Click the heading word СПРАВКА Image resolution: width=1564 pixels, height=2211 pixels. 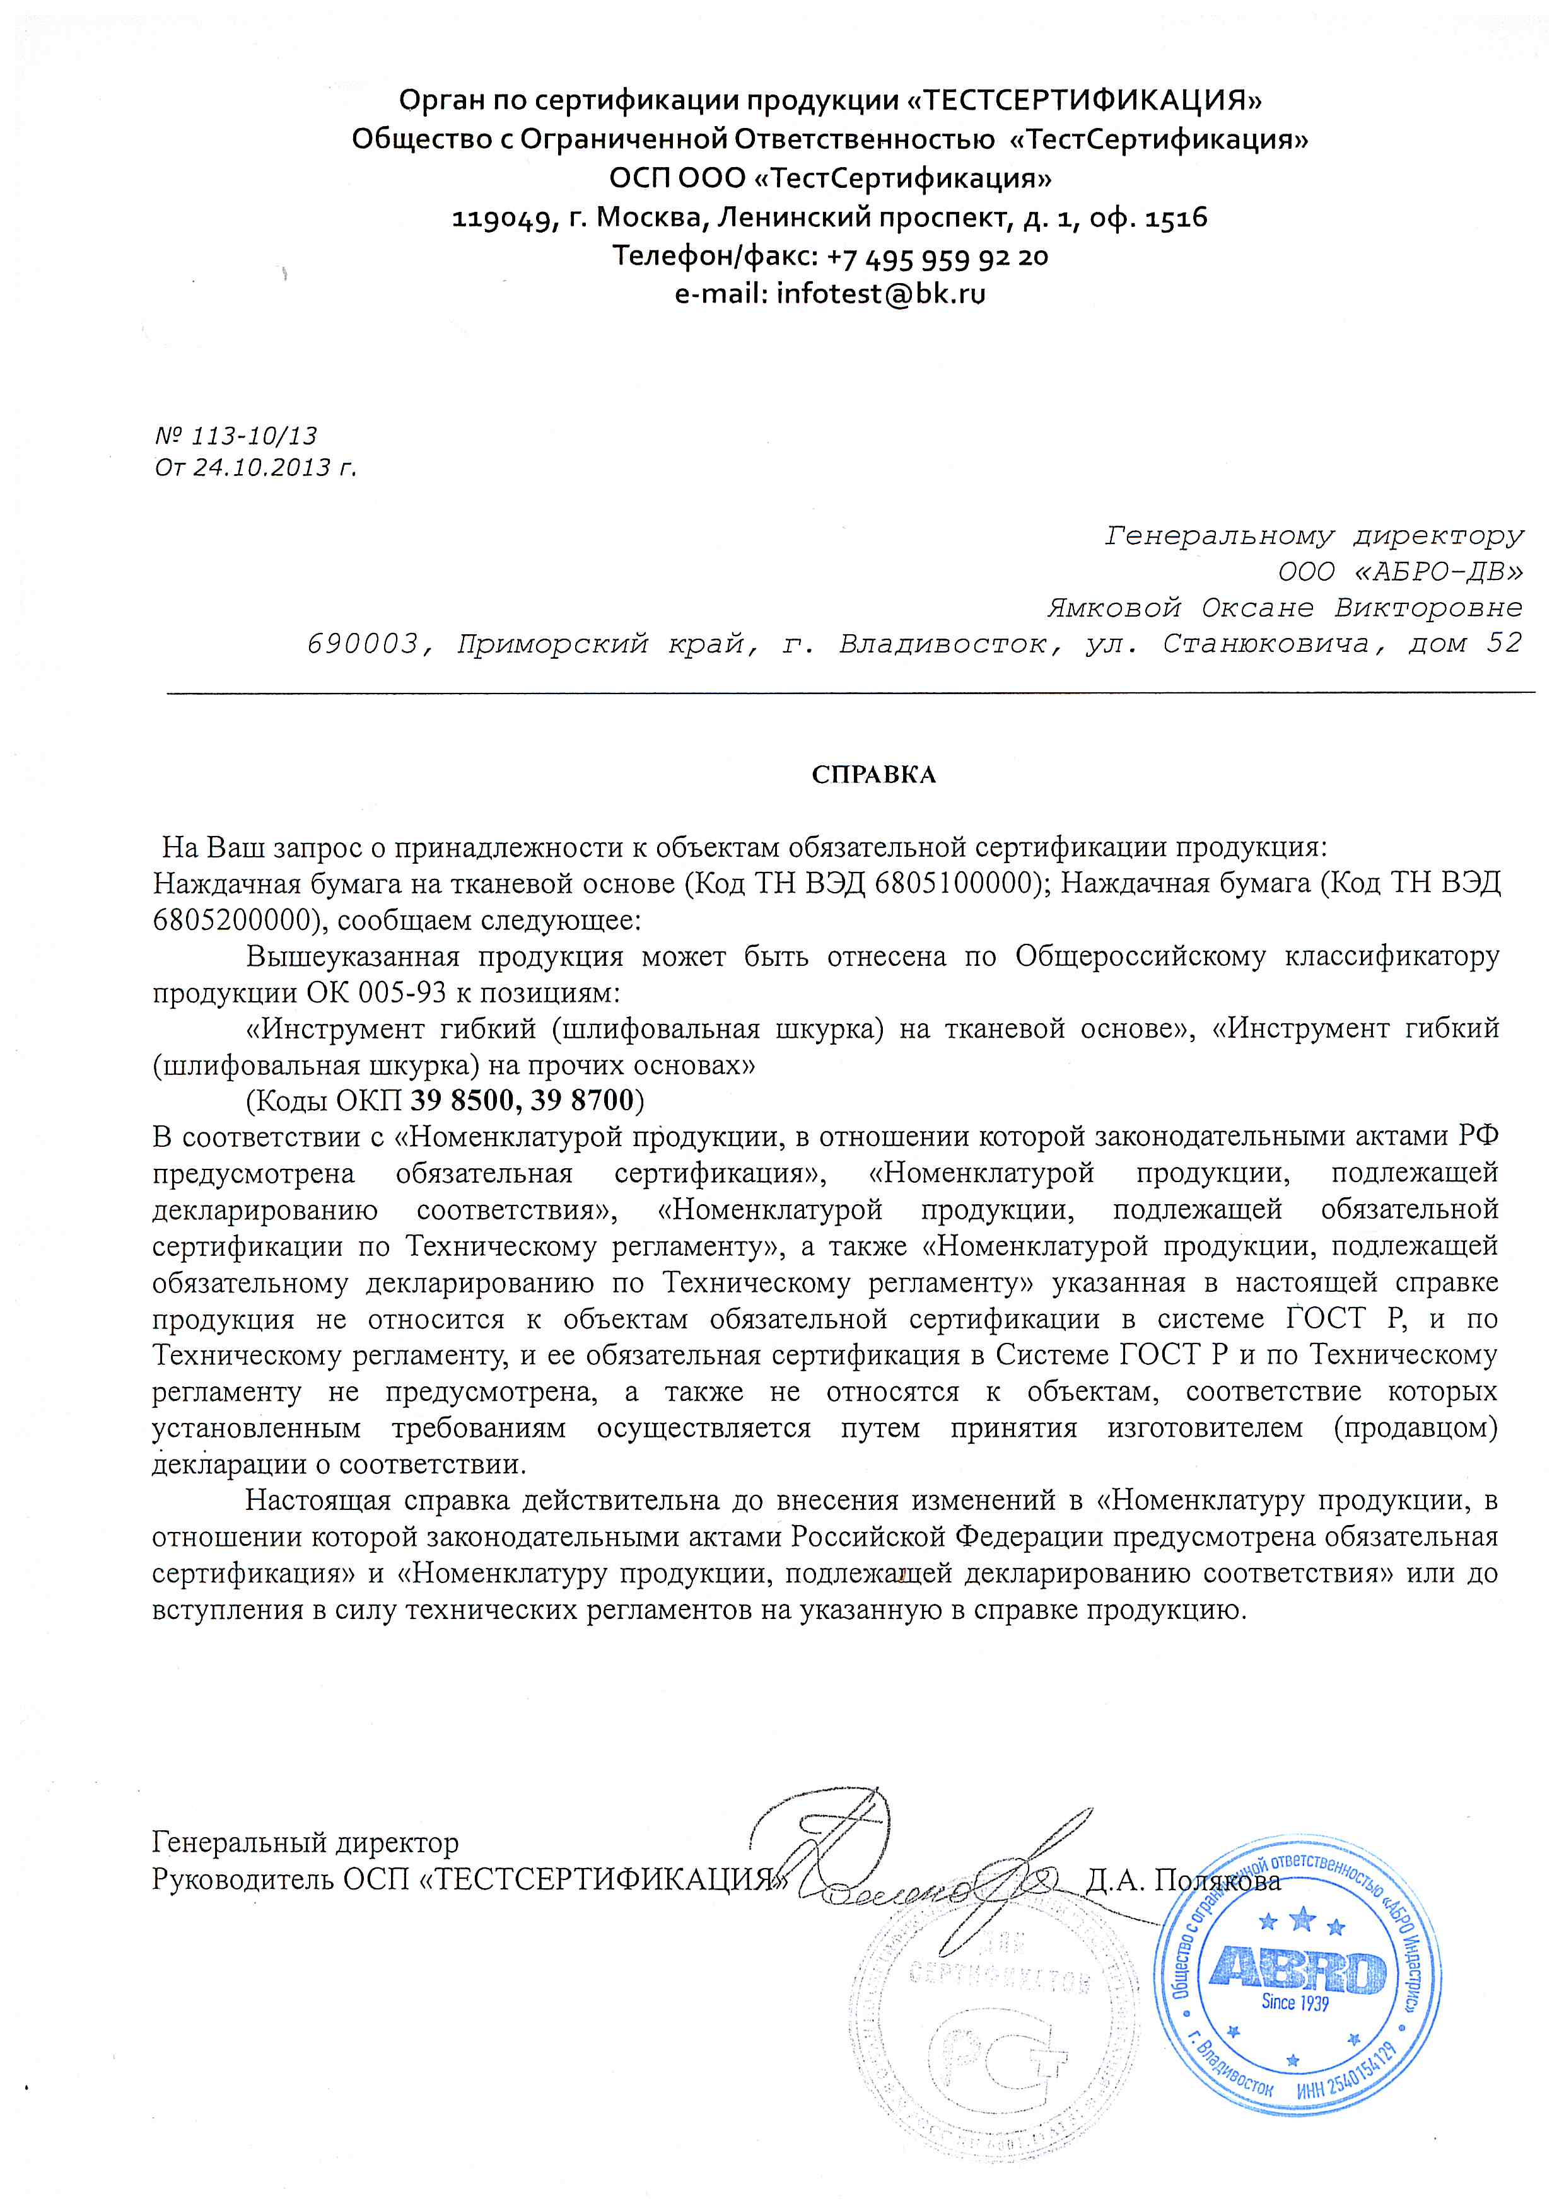(873, 775)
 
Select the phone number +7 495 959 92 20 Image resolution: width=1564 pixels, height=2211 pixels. (937, 256)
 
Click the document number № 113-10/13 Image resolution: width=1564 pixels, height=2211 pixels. (236, 436)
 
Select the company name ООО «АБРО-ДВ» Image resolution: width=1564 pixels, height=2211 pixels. (1400, 572)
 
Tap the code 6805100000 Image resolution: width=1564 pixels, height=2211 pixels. (954, 883)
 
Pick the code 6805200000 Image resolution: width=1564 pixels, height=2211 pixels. (231, 920)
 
